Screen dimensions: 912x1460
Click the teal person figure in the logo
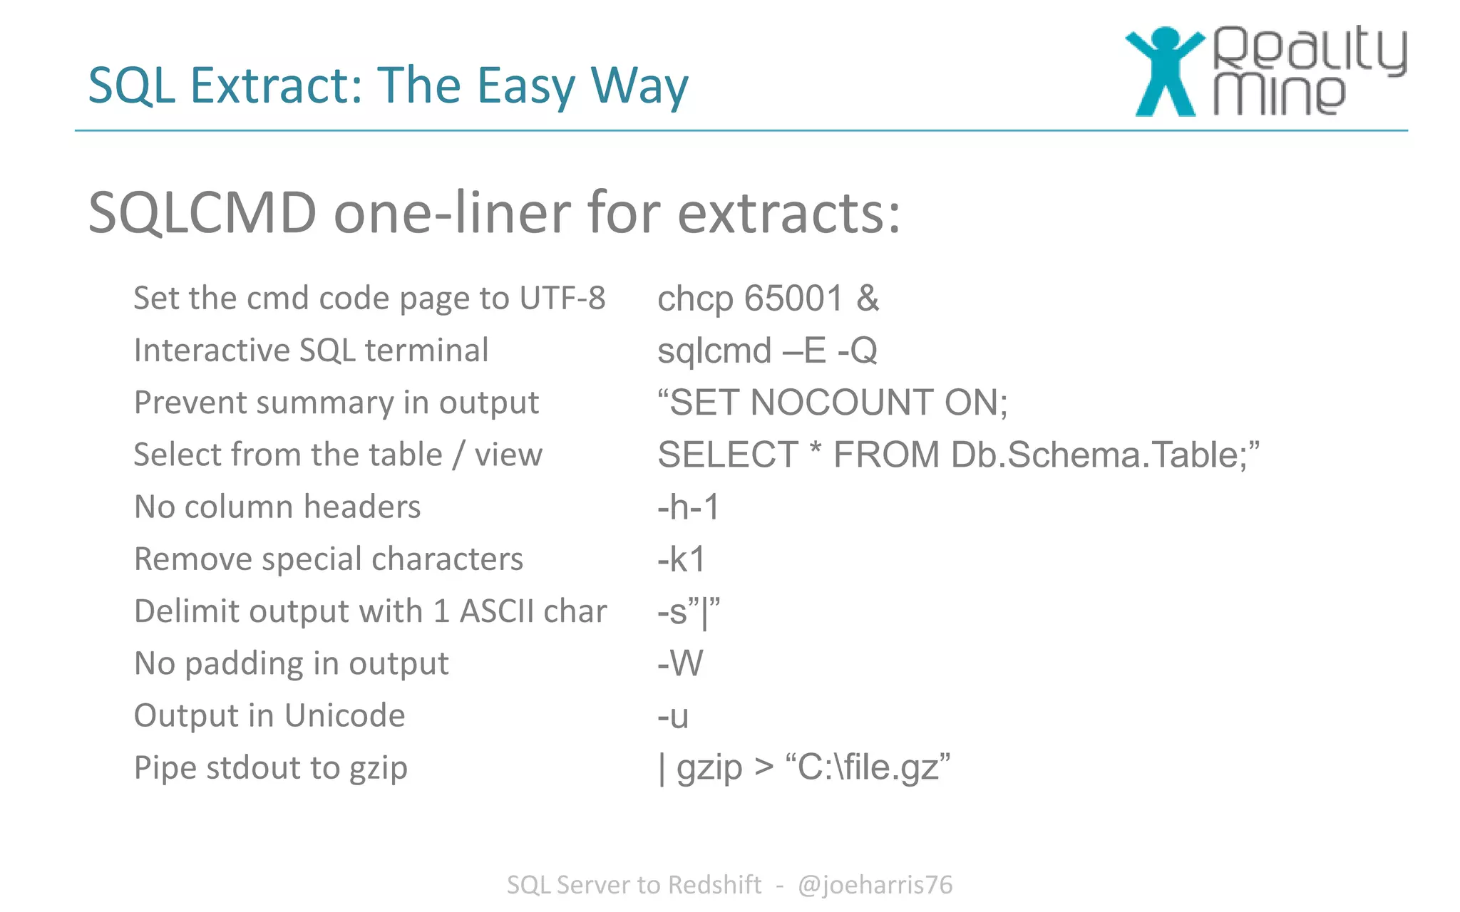pos(1164,71)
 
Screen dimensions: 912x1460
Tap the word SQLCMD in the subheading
pos(202,212)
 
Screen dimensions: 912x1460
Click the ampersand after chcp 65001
pos(868,299)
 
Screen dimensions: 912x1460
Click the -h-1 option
pos(689,507)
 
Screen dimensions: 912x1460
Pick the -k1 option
pos(682,559)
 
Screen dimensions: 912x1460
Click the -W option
pos(680,663)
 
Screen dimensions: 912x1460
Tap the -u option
pos(673,716)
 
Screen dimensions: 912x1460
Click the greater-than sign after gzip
pos(764,768)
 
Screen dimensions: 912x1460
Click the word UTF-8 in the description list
pos(562,299)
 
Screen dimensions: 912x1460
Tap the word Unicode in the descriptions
pos(345,715)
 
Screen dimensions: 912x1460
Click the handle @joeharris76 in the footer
pos(875,885)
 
